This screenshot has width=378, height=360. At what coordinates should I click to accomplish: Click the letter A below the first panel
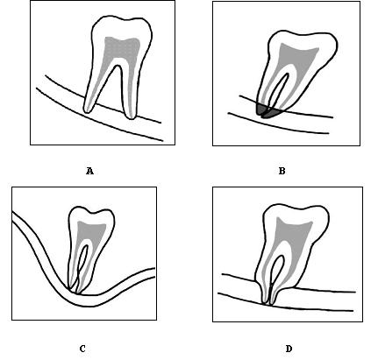[89, 171]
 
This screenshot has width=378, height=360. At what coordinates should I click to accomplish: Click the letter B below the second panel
[282, 171]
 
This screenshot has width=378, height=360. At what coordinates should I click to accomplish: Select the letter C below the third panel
[82, 349]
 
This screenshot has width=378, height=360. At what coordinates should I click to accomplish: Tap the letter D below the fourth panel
[289, 349]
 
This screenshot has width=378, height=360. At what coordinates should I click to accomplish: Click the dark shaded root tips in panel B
[267, 111]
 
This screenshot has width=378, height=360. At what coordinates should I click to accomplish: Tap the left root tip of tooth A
[88, 109]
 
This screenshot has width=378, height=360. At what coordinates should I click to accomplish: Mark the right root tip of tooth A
[131, 116]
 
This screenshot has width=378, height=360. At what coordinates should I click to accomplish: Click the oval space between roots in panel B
[280, 88]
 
